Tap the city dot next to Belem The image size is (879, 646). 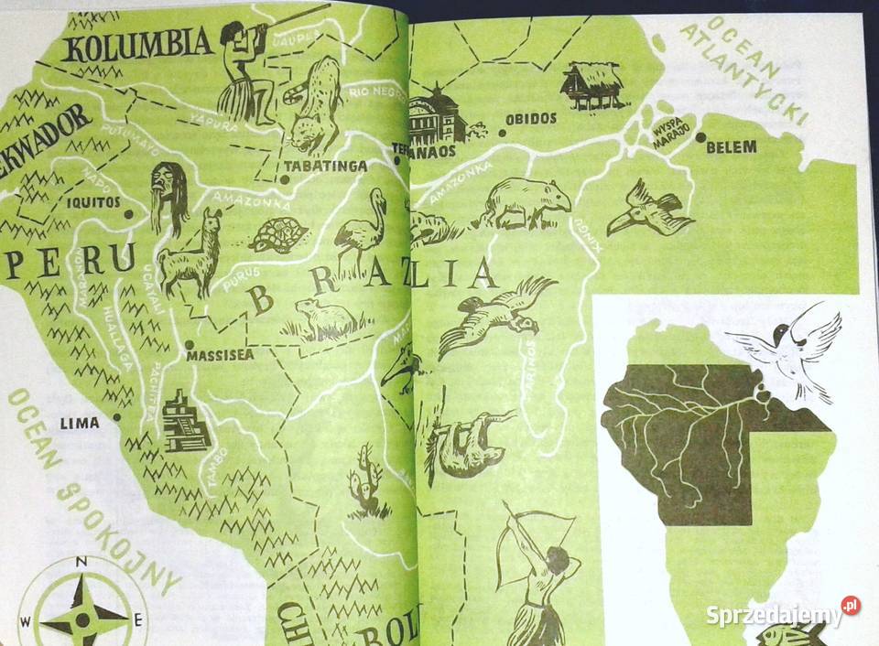coord(700,137)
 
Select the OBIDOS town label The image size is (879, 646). coord(530,119)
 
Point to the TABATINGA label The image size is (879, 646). coord(325,167)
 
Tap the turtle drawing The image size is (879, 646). coord(279,236)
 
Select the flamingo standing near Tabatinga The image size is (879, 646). coord(360,229)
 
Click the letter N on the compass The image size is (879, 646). coord(81,562)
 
